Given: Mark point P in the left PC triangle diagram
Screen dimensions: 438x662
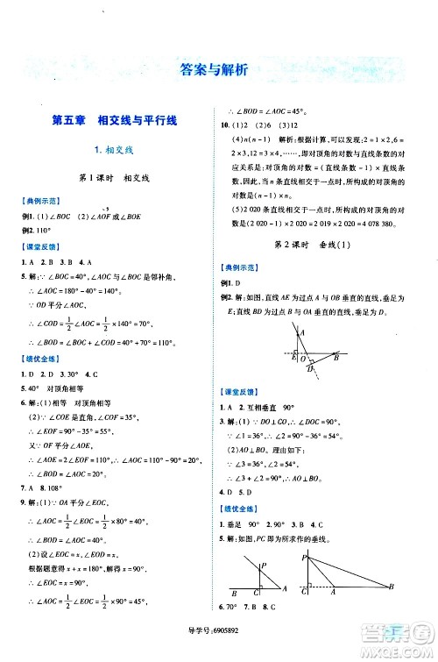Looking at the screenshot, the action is [263, 567].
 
